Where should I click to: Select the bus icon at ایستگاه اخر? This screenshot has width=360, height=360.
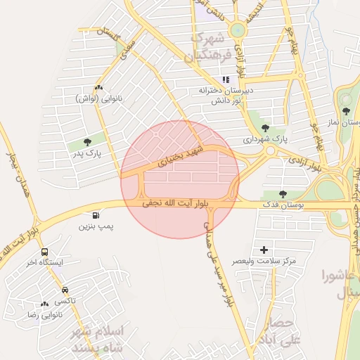pyautogui.click(x=45, y=252)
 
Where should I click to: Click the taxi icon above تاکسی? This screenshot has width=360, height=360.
pyautogui.click(x=65, y=289)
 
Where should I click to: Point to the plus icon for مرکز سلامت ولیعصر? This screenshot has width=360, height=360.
pyautogui.click(x=264, y=250)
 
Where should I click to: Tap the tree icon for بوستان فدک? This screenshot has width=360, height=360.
pyautogui.click(x=283, y=193)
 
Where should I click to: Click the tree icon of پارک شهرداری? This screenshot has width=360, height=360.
pyautogui.click(x=265, y=128)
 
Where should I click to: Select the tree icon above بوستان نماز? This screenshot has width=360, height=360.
pyautogui.click(x=345, y=110)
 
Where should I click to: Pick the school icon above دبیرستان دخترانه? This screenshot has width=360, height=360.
pyautogui.click(x=226, y=79)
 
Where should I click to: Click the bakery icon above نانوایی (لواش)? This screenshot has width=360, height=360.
pyautogui.click(x=98, y=88)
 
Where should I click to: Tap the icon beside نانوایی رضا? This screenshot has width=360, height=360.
pyautogui.click(x=45, y=304)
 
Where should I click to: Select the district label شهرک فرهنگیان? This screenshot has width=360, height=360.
pyautogui.click(x=206, y=48)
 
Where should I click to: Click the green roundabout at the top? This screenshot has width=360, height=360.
pyautogui.click(x=238, y=30)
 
